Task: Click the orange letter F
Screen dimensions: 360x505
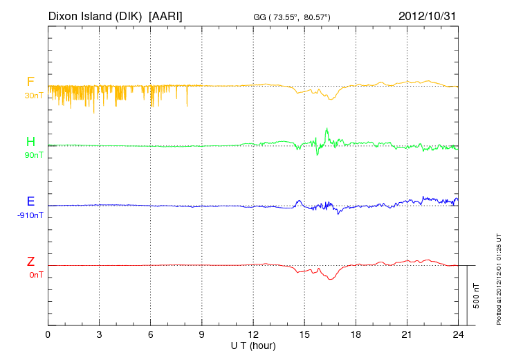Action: point(30,82)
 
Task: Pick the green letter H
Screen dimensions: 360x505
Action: point(30,142)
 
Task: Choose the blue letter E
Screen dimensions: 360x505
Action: point(30,201)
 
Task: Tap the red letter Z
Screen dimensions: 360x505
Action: point(30,262)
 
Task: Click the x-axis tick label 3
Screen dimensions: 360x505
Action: point(99,335)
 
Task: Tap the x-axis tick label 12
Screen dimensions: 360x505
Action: point(253,335)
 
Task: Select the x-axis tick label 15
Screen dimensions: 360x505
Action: point(304,335)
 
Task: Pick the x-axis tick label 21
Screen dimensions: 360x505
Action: point(407,335)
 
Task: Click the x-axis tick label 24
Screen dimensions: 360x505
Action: point(458,335)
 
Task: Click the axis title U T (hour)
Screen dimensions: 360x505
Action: point(253,345)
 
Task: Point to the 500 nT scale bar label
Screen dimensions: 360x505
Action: point(476,296)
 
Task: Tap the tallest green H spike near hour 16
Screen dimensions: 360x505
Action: point(327,129)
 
